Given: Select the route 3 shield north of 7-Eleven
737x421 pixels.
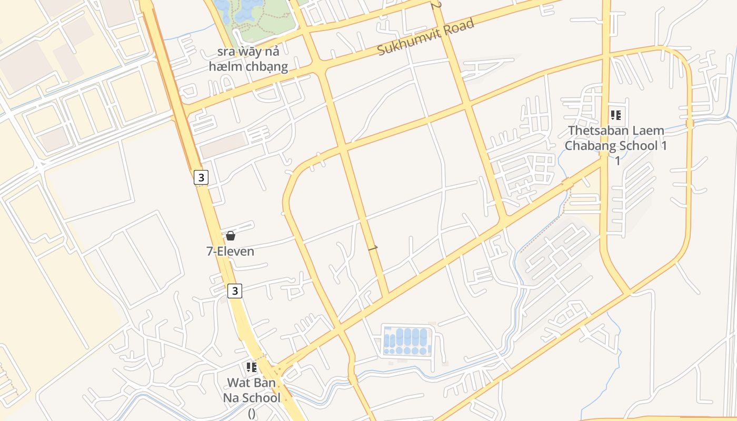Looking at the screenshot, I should [x=201, y=177].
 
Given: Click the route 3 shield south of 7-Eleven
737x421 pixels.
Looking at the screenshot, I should [x=235, y=290].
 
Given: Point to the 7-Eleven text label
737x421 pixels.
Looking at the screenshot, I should [x=230, y=251].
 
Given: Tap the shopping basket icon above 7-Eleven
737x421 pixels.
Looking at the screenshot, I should [x=230, y=236].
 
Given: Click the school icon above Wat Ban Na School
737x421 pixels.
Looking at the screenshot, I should [x=251, y=367].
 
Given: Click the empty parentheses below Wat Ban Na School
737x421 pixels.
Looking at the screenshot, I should [x=251, y=413].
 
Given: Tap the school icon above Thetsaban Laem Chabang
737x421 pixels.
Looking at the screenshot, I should [x=615, y=115].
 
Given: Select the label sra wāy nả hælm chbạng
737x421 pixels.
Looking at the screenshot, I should [x=248, y=59].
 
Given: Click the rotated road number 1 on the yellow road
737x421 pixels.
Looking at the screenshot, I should [x=374, y=247].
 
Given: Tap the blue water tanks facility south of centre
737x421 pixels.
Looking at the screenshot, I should [x=407, y=341].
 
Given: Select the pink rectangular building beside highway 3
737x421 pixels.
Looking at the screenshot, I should [x=223, y=145].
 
